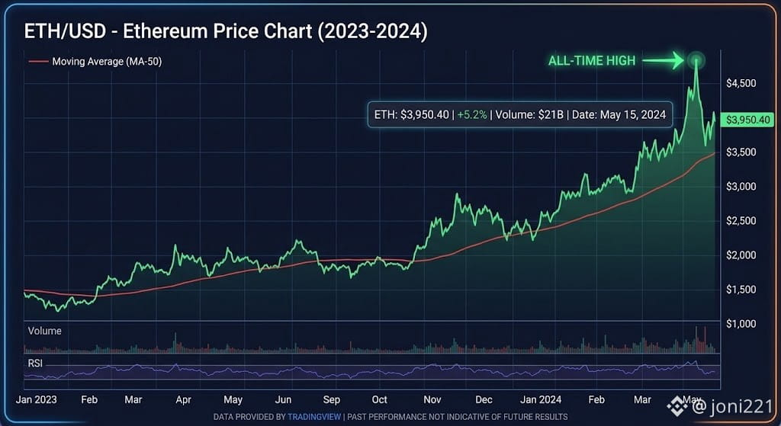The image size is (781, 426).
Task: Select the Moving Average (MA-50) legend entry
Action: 95,61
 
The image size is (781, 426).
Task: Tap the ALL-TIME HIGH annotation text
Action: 592,61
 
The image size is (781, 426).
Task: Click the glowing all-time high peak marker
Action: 696,61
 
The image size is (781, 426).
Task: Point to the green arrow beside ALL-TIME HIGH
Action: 663,61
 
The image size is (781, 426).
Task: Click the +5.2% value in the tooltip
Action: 471,114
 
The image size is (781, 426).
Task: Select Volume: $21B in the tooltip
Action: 529,114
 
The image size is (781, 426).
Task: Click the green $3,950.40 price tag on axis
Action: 747,120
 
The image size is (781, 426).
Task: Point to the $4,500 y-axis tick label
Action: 741,83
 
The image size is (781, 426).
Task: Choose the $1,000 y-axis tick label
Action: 741,323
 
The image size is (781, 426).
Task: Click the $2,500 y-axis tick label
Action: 741,220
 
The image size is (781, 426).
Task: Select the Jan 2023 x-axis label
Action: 37,399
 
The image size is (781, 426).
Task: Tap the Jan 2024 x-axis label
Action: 541,399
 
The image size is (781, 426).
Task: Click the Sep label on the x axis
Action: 331,399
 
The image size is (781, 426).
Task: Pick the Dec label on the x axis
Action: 484,399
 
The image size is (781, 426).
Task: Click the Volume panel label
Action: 45,331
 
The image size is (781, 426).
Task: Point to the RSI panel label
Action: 35,364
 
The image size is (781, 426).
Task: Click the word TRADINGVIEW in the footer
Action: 314,417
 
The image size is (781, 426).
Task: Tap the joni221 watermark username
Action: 741,407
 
